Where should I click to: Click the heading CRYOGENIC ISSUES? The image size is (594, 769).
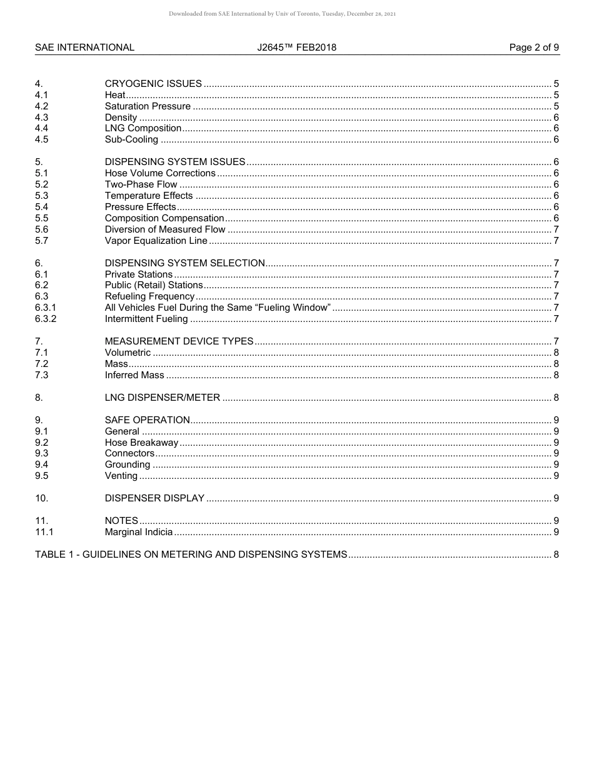coord(153,84)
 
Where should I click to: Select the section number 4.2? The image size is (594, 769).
coord(41,106)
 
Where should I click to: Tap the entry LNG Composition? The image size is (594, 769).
coord(143,129)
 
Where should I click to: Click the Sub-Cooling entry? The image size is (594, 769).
coord(131,140)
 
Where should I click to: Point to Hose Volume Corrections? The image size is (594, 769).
coord(160,174)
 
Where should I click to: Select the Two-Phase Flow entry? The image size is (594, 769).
coord(141,185)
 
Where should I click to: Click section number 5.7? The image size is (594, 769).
coord(41,241)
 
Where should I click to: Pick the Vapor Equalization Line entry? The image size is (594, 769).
coord(156,241)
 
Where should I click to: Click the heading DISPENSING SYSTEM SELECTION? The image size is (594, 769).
coord(184,263)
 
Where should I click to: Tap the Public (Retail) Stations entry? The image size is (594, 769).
coord(154,286)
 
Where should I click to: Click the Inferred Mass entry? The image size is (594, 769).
coord(134,376)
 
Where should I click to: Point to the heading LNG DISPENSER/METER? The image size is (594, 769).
coord(163,398)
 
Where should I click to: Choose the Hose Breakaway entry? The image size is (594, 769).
coord(141,443)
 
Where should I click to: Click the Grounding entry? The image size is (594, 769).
coord(128,465)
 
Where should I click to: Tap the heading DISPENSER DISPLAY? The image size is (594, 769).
coord(154,498)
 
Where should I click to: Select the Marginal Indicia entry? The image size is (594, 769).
coord(139,533)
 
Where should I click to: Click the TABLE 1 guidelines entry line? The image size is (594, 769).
coord(191,555)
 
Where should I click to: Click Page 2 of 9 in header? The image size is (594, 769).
coord(534,48)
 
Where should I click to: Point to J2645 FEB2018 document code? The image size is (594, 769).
coord(296,48)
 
